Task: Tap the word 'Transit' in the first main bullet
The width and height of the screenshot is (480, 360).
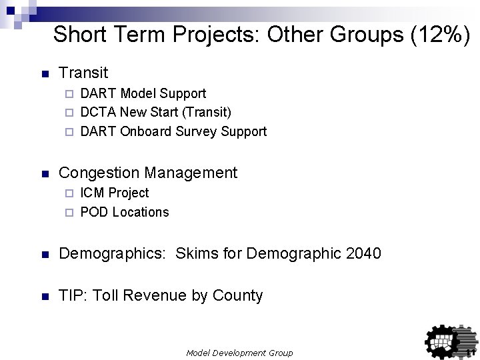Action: [x=83, y=72]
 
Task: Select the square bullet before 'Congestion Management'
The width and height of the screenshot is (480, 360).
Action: [x=45, y=174]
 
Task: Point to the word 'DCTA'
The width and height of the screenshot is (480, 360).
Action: [x=98, y=112]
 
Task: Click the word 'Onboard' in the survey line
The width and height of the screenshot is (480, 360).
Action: [x=146, y=131]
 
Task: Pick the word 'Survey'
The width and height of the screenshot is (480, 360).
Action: [x=199, y=131]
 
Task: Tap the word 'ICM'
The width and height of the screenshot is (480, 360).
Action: [x=92, y=193]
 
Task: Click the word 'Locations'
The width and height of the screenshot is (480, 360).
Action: [x=141, y=212]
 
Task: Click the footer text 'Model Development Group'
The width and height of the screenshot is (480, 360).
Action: [x=239, y=353]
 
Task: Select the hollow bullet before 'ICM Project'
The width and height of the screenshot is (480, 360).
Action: [x=68, y=193]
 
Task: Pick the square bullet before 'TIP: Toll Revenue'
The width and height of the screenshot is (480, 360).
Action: [x=45, y=296]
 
